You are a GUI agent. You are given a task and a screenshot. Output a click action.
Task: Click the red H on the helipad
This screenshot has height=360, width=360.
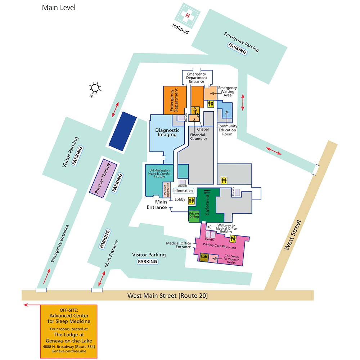(x=187, y=15)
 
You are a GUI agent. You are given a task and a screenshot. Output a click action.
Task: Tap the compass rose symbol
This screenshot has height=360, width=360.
(x=95, y=87)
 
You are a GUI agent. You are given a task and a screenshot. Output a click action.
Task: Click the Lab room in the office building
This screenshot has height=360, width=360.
(x=204, y=257)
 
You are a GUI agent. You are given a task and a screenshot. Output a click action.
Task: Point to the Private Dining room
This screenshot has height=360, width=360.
(x=194, y=215)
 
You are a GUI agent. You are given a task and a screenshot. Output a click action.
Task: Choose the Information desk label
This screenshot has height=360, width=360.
(x=183, y=191)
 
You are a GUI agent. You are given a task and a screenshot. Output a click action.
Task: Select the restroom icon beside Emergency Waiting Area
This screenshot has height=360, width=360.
(x=211, y=104)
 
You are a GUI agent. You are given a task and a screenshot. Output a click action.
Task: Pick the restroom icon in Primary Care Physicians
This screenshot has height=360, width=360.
(x=238, y=238)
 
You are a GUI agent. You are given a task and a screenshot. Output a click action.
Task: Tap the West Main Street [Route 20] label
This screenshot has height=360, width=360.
(x=168, y=296)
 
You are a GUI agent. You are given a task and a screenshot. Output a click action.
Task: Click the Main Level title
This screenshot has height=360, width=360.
(x=59, y=8)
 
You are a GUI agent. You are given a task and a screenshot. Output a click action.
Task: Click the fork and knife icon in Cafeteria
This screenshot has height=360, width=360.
(x=207, y=193)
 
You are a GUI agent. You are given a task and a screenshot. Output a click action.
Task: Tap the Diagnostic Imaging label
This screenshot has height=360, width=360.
(x=167, y=132)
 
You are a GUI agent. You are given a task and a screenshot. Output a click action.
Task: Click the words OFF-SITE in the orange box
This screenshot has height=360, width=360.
(x=69, y=310)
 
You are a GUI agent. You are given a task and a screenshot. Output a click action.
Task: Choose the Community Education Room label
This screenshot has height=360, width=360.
(x=227, y=130)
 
